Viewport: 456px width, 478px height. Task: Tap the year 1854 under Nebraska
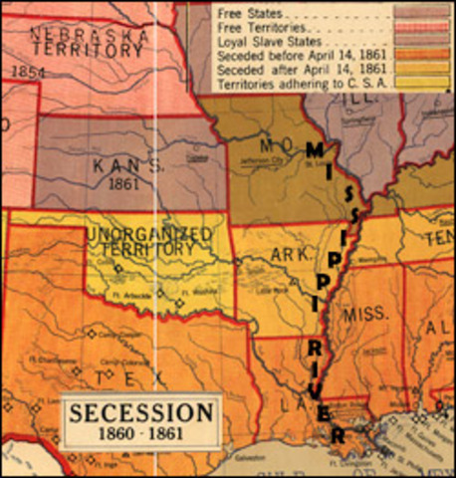pyautogui.click(x=29, y=73)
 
